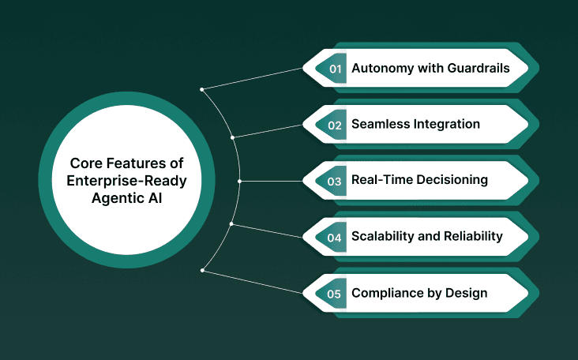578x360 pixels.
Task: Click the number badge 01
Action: point(335,69)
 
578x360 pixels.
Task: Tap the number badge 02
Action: point(335,125)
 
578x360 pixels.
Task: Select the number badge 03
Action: point(335,181)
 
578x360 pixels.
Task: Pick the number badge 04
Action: point(335,237)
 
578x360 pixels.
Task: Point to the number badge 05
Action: point(335,293)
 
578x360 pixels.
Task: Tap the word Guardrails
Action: point(477,69)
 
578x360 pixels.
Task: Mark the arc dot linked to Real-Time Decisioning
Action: point(239,181)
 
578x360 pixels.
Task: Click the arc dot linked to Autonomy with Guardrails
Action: point(203,89)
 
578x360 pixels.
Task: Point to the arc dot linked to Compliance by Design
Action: point(203,271)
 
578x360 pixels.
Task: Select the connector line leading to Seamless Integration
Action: point(268,131)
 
